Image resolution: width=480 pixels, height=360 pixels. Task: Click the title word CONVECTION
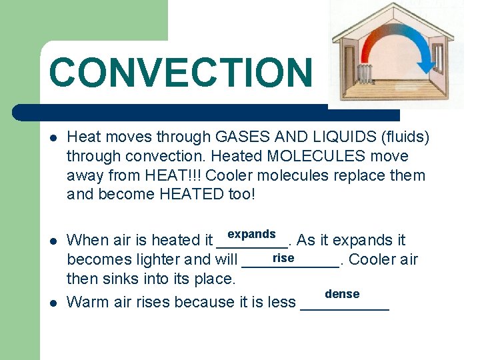(179, 72)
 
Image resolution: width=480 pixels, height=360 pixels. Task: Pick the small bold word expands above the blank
(251, 234)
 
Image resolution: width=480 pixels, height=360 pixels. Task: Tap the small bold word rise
(283, 258)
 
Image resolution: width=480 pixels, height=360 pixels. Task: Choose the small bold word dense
(342, 294)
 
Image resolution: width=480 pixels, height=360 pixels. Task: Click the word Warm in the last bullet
(89, 302)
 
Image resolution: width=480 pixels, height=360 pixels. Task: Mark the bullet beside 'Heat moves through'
(53, 138)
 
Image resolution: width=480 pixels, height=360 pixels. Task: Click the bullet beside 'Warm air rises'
(53, 303)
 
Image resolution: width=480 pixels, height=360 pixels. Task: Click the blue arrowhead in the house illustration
(427, 67)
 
